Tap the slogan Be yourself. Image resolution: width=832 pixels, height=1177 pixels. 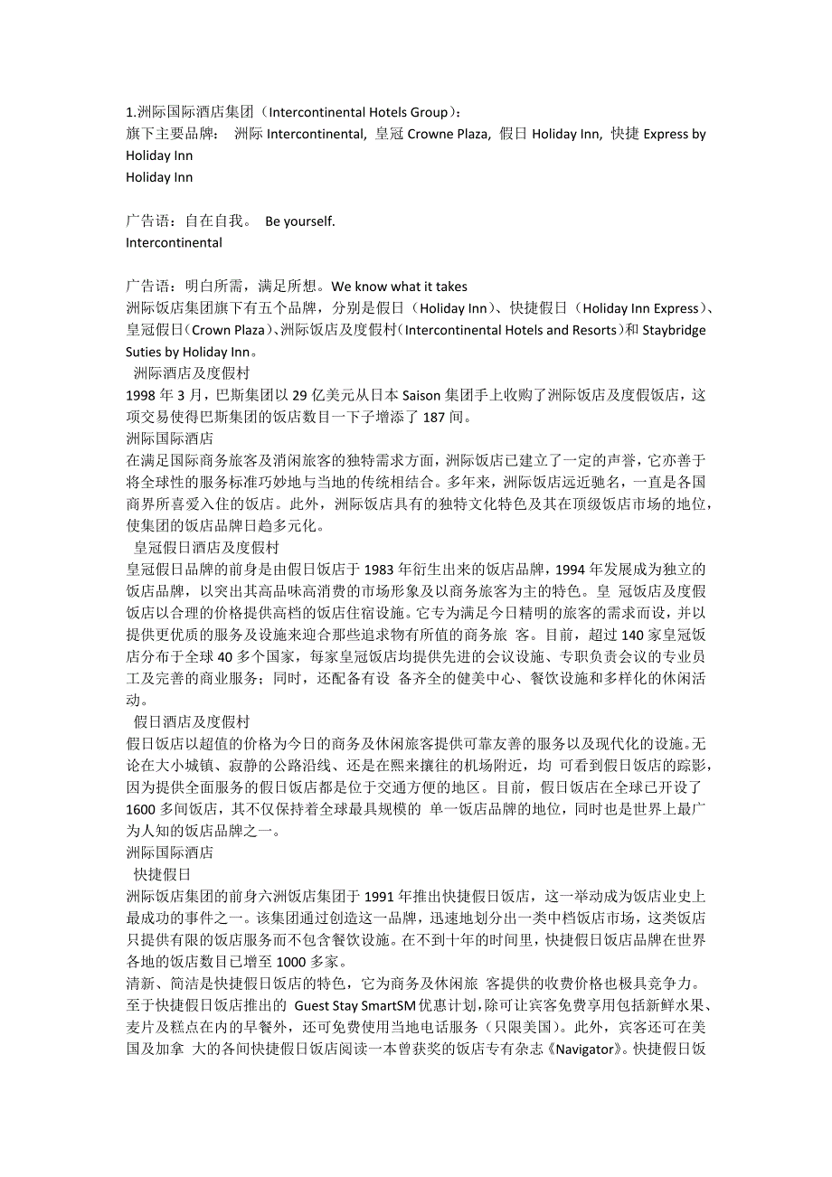[x=299, y=221]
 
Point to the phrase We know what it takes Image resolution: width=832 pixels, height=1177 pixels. [x=399, y=287]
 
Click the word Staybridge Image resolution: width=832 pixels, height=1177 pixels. [x=674, y=330]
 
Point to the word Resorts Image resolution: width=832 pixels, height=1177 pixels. [x=595, y=330]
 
